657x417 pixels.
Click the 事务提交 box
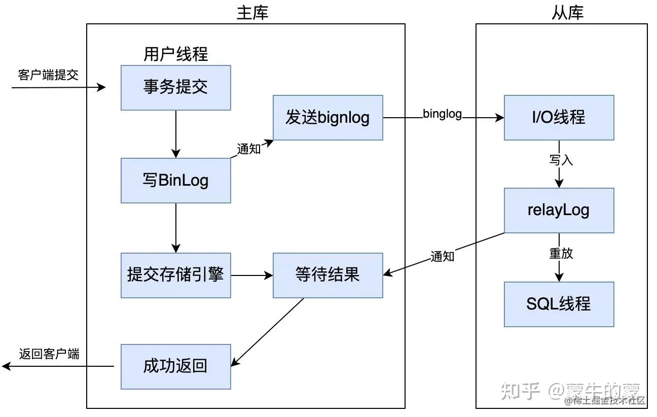176,88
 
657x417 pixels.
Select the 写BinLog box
176,181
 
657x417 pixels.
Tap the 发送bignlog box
327,117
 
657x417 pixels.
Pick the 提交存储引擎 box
176,275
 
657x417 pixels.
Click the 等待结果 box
327,275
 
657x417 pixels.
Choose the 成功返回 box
176,367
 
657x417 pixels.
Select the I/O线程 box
559,117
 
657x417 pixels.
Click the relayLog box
559,211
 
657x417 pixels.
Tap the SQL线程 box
559,304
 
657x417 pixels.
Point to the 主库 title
252,13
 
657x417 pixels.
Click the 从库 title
567,13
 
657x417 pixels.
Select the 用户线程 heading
176,54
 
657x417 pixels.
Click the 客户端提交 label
48,75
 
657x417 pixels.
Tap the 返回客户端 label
49,354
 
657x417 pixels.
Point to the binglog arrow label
442,114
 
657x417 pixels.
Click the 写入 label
561,160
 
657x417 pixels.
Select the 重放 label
561,253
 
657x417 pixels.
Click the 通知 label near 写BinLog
249,149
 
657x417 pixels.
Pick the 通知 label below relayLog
442,257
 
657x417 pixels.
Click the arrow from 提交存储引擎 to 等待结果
252,275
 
